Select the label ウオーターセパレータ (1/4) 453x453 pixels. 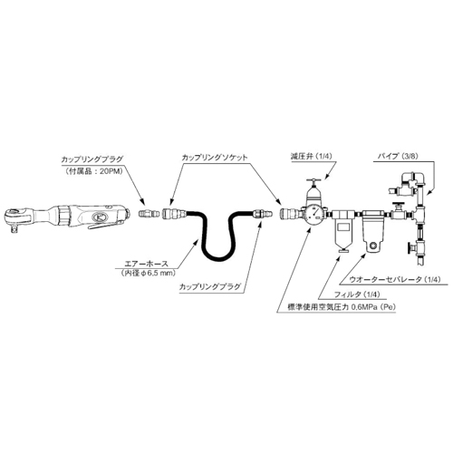pyautogui.click(x=394, y=279)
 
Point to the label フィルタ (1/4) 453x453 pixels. pyautogui.click(x=357, y=294)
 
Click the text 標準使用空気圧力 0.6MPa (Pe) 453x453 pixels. pyautogui.click(x=342, y=307)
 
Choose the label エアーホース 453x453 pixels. pyautogui.click(x=146, y=264)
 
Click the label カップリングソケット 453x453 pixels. pyautogui.click(x=215, y=158)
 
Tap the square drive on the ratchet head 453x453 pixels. pyautogui.click(x=14, y=230)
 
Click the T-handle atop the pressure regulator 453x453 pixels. pyautogui.click(x=314, y=181)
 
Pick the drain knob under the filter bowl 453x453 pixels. pyautogui.click(x=342, y=250)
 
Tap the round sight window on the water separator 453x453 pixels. pyautogui.click(x=375, y=246)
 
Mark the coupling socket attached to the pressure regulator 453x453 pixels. pyautogui.click(x=289, y=213)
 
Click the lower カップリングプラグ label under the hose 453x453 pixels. pyautogui.click(x=210, y=286)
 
